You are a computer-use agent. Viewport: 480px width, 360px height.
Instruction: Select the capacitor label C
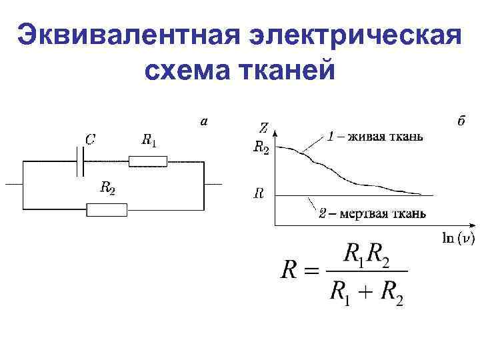point(89,139)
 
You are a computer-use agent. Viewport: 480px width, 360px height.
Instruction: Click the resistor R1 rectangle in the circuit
point(148,161)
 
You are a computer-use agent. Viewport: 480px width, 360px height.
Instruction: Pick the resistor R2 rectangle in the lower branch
point(107,209)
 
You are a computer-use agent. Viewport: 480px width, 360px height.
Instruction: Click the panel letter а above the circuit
point(205,122)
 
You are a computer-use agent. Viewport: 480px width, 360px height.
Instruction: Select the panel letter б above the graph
point(461,121)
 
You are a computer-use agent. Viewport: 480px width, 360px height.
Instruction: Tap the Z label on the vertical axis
point(264,127)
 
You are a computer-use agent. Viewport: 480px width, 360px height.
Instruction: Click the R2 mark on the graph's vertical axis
point(261,148)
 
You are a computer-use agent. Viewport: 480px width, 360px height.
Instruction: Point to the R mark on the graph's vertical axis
point(258,195)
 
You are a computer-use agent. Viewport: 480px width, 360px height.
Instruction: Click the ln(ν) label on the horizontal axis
point(459,238)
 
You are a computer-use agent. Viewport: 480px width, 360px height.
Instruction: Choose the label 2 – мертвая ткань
point(372,213)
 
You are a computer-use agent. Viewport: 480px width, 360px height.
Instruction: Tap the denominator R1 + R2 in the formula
point(366,293)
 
